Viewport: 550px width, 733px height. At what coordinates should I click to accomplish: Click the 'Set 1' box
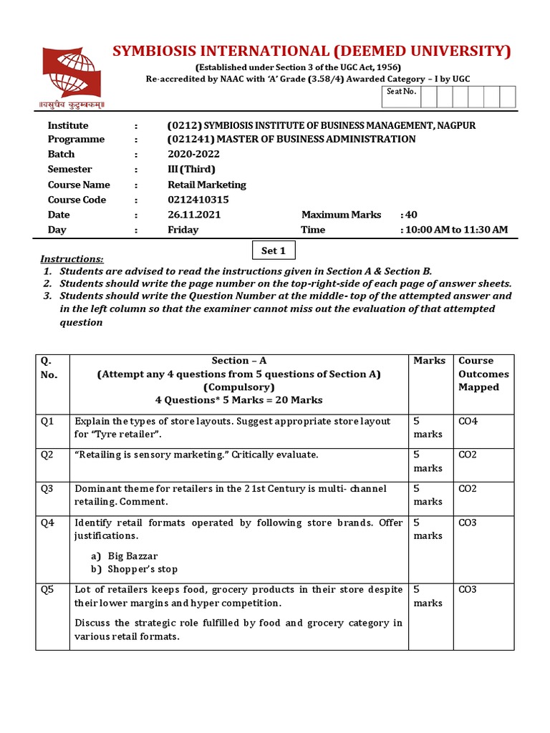pos(274,251)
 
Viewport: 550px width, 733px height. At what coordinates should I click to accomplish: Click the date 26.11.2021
pos(194,215)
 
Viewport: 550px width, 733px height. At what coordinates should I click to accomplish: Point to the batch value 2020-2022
pos(193,154)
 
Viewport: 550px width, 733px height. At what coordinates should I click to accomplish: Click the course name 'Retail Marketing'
pos(206,185)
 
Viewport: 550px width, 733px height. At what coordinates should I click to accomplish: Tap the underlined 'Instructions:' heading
pos(72,259)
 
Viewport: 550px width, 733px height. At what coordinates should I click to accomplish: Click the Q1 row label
pos(47,421)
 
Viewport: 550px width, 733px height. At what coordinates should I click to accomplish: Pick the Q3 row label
pos(47,488)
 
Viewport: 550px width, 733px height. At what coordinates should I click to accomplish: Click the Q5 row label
pos(47,589)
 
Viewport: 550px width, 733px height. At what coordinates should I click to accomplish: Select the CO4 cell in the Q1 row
pos(468,421)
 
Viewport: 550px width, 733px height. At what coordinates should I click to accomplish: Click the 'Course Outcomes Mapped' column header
pos(483,374)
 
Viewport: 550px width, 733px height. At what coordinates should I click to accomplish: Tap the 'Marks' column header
pos(429,361)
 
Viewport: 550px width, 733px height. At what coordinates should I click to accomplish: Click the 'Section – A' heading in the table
pos(238,361)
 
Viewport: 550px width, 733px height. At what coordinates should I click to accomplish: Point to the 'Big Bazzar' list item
pos(132,555)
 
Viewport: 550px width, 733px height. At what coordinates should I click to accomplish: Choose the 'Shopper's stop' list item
pos(143,569)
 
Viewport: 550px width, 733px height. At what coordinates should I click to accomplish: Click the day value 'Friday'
pos(183,230)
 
